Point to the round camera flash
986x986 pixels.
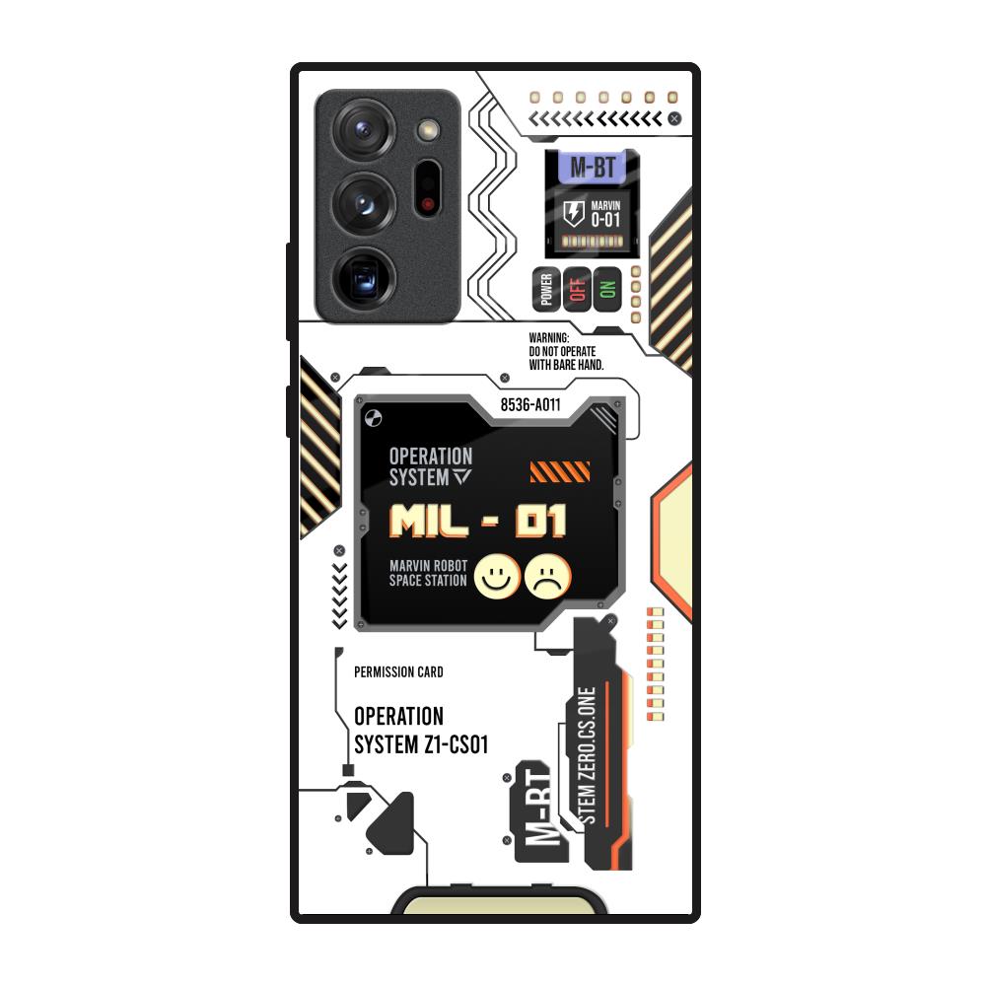428,128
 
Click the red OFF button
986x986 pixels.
577,289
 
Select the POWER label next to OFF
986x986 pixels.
546,289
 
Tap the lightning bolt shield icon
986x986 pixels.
572,214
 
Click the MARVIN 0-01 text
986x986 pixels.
605,214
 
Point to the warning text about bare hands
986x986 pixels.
566,351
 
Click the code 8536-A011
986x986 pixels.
530,404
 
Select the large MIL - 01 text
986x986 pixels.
478,521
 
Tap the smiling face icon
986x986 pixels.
498,576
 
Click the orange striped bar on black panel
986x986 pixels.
560,472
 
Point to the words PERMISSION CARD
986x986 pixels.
398,672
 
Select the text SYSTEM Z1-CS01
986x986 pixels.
421,744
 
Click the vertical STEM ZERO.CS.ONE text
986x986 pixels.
589,755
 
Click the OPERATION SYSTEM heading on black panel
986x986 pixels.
431,466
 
